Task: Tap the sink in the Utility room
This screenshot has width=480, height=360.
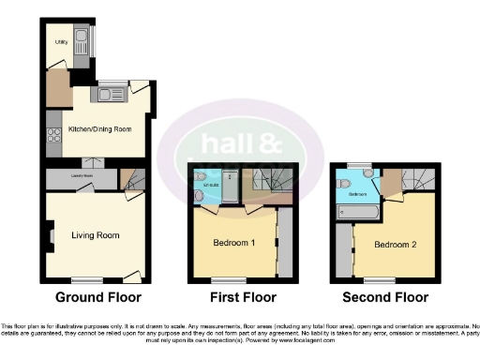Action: point(81,39)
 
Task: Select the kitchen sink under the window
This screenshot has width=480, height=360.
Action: point(110,92)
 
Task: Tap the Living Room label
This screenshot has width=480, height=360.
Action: point(96,234)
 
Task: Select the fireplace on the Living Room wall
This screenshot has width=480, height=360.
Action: point(52,234)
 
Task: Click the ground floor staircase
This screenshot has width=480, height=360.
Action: point(133,177)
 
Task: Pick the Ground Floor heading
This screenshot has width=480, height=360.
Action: point(97,297)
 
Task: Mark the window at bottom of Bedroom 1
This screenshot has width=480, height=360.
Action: point(223,279)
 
